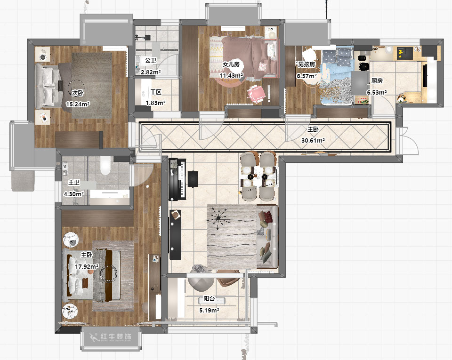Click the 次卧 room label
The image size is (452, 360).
point(78,93)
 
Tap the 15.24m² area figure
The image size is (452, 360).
point(78,104)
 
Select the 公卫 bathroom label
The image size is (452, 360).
point(151,61)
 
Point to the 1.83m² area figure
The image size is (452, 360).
point(155,103)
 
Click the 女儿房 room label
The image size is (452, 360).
point(231,64)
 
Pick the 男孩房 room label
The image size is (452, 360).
point(307,64)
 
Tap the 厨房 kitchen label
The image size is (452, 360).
point(377,81)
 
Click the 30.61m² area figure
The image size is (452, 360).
point(313,141)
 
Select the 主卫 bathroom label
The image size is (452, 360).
point(74,182)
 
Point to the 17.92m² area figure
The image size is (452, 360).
point(87,267)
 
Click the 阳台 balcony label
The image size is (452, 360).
point(209,299)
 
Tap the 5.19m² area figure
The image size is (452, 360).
point(209,311)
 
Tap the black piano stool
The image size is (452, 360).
point(193,178)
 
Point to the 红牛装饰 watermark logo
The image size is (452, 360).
point(111,337)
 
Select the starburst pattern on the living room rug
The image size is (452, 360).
point(218,218)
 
